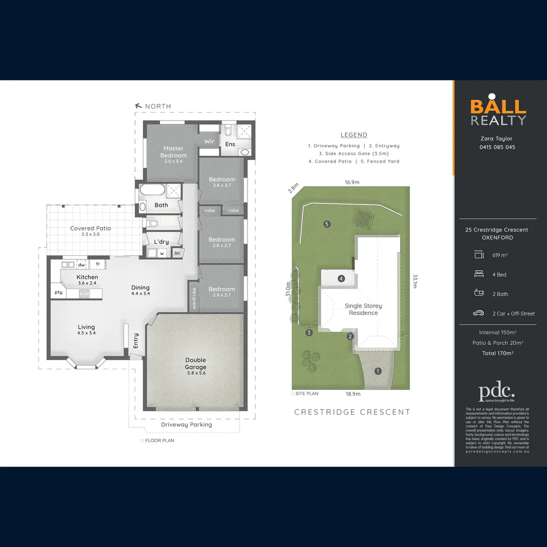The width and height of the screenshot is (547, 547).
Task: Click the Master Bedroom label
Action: (173, 152)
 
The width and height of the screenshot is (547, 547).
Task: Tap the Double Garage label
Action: (196, 364)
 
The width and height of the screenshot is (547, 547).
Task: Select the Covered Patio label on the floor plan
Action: (90, 228)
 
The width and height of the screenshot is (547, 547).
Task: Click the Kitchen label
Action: (87, 277)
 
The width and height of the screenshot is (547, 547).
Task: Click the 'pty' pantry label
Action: (59, 292)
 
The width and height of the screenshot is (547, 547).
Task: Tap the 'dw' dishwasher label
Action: (81, 265)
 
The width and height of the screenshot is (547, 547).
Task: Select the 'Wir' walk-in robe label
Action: (209, 141)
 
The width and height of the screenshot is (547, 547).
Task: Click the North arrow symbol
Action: (138, 106)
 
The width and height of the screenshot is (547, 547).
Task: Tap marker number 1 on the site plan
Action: (377, 371)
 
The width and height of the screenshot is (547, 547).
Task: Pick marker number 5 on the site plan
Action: (327, 224)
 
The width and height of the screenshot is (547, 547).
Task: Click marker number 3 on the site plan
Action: (309, 333)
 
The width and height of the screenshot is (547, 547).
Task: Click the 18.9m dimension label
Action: (353, 394)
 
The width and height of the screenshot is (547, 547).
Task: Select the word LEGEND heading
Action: (354, 135)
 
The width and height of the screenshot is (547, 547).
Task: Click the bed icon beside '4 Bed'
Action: (479, 275)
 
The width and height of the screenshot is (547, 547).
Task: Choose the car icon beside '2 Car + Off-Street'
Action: (479, 314)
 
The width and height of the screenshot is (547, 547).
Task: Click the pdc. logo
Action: (496, 393)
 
